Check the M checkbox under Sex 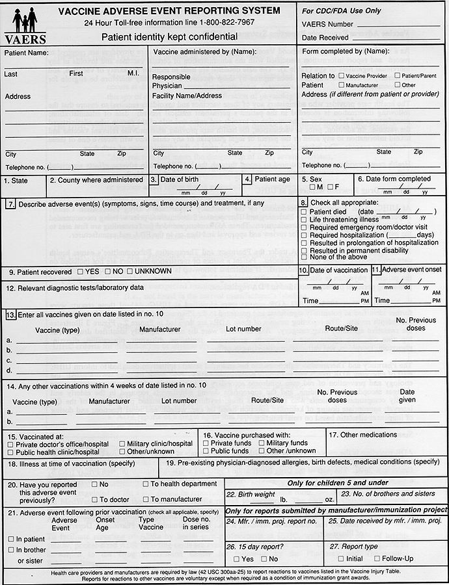(x=313, y=188)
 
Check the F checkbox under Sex (x=331, y=188)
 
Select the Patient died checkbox (x=305, y=212)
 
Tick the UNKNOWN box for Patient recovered (x=130, y=271)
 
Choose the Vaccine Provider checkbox (x=341, y=76)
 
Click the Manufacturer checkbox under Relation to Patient (x=341, y=85)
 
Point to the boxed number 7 (x=11, y=204)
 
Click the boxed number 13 (x=10, y=315)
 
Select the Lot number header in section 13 (x=243, y=330)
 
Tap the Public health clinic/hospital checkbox (x=10, y=452)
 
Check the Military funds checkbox (x=262, y=443)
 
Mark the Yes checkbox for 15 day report (x=236, y=559)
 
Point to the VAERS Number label (x=327, y=24)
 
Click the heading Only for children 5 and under (x=337, y=483)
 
